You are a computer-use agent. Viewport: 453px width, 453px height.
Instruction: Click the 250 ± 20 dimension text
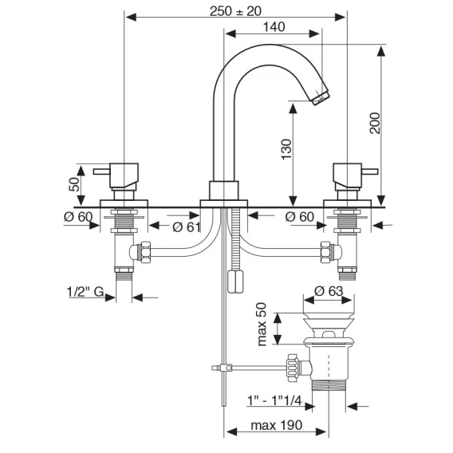tap(235, 11)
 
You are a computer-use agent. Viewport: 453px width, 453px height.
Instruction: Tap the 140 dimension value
tap(274, 27)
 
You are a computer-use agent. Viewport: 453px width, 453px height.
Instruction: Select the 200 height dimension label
tap(376, 123)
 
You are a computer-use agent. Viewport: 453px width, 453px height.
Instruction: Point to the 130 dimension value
tap(287, 149)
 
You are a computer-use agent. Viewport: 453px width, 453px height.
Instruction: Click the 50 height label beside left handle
tap(74, 184)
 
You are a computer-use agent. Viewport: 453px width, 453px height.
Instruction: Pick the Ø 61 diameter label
tap(187, 227)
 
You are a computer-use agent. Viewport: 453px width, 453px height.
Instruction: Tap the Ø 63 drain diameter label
tap(329, 291)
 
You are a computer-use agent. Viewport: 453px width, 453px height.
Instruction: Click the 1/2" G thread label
tap(85, 292)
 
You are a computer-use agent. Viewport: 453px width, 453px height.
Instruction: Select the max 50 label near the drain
tap(262, 324)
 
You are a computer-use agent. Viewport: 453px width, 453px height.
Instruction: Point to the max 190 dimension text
tap(277, 425)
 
